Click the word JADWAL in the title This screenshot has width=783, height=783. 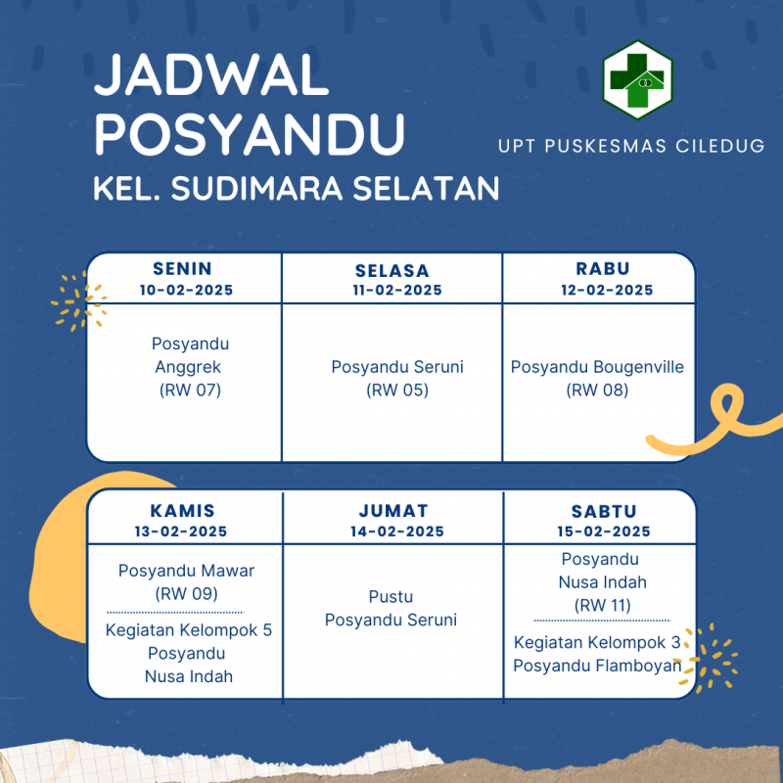point(210,75)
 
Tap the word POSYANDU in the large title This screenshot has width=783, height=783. point(250,134)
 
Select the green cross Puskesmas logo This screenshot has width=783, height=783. point(638,80)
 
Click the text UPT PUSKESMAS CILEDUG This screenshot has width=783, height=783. point(631,146)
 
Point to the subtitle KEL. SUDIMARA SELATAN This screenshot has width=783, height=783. point(297,188)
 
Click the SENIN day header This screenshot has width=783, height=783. point(182,268)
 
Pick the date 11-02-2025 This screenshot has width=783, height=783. point(397,290)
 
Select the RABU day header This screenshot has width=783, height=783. point(603,268)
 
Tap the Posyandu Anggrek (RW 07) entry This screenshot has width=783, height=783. point(190,366)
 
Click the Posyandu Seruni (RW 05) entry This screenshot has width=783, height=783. point(397,378)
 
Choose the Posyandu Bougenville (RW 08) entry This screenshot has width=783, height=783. point(597,378)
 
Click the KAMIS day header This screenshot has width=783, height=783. point(183,511)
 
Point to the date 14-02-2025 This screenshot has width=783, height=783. point(397,531)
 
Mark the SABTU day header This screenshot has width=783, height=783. point(604,511)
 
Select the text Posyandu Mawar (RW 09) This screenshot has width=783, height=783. point(186,581)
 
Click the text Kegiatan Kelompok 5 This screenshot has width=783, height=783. point(189,630)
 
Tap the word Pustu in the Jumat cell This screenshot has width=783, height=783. point(391,596)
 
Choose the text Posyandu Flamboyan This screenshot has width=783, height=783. point(597,666)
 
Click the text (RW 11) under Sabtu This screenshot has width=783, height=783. point(603,605)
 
